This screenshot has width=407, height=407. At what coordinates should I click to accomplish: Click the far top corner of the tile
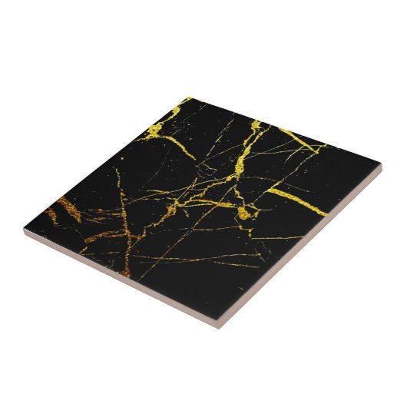187,98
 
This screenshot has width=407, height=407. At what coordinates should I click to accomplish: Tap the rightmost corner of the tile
381,164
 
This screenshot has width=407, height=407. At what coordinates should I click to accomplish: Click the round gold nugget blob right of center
244,212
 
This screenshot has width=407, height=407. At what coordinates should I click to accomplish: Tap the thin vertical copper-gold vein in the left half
123,207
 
